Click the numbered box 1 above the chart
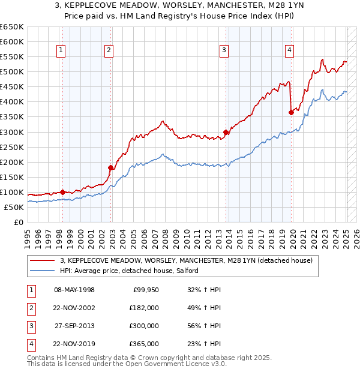pyautogui.click(x=62, y=51)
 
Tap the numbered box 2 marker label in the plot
pyautogui.click(x=109, y=51)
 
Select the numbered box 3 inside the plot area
pyautogui.click(x=224, y=51)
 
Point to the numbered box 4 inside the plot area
pyautogui.click(x=289, y=51)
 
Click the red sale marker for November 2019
pyautogui.click(x=291, y=112)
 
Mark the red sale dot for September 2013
pyautogui.click(x=226, y=132)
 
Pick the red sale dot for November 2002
pyautogui.click(x=111, y=167)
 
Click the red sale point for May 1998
pyautogui.click(x=63, y=192)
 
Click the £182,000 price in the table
pyautogui.click(x=144, y=307)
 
